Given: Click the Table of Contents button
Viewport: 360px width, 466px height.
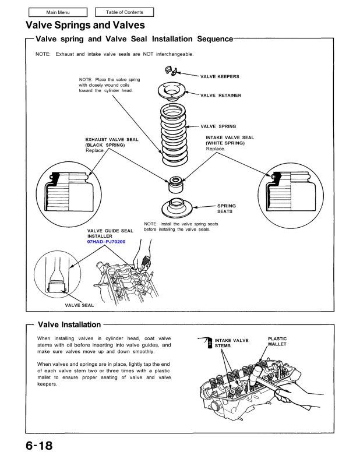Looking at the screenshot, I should coord(123,12).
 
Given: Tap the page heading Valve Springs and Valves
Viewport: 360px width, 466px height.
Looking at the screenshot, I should coord(86,25).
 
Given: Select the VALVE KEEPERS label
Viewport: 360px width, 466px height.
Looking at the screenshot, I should coord(220,76).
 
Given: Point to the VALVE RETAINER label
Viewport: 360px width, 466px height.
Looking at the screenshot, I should coord(221,95).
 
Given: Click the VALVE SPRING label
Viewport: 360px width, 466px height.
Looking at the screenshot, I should coord(218,126).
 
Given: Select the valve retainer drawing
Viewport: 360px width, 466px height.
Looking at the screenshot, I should coord(173,91).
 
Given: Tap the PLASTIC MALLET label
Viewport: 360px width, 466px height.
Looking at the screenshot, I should coord(277,341).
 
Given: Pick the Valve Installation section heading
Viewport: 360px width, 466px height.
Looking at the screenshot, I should coord(69,324).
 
